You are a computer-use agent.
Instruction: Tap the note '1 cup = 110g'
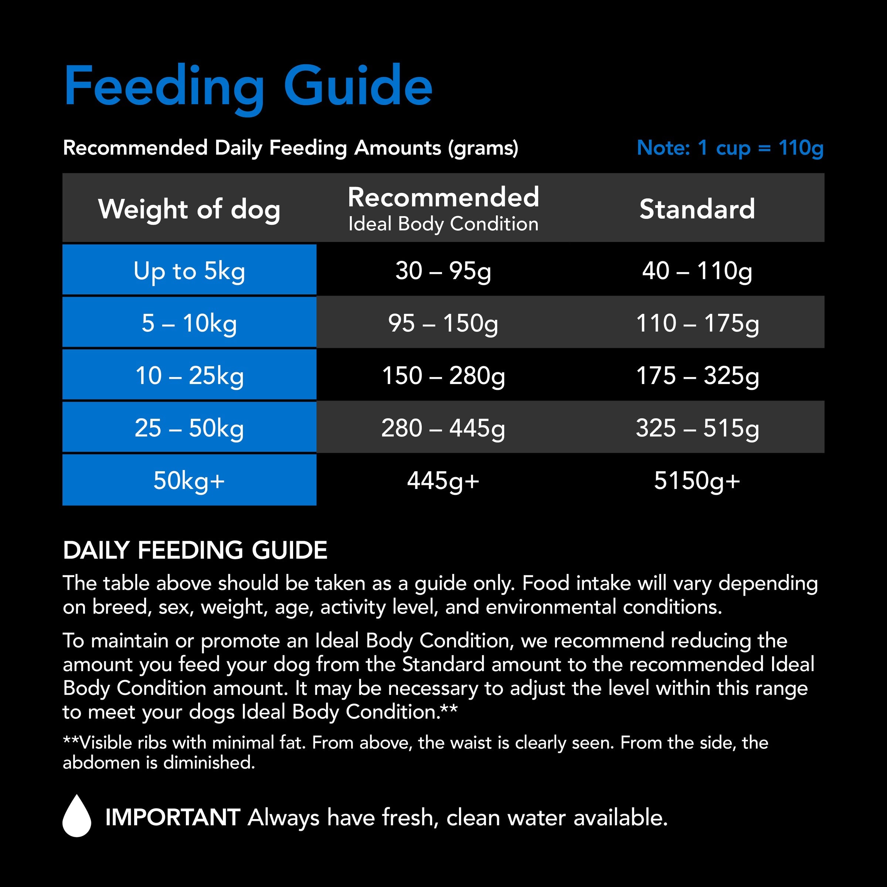(x=730, y=148)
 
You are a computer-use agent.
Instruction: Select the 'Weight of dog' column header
(x=189, y=209)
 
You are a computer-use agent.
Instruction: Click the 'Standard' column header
(x=697, y=209)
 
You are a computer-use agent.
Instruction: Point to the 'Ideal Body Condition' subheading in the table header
(x=443, y=224)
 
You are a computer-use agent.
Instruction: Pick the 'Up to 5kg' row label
(x=189, y=271)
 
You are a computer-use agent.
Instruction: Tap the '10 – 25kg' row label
(x=189, y=375)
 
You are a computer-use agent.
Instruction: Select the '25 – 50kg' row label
(x=189, y=428)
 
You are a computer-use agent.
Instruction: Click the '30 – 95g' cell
(x=443, y=271)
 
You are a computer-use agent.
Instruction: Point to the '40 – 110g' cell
(x=697, y=271)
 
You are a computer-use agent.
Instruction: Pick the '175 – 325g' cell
(x=697, y=375)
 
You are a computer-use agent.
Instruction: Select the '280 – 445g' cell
(x=443, y=428)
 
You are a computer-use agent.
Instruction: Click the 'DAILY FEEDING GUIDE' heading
(x=195, y=550)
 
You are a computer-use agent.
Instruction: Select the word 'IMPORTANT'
(x=173, y=817)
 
